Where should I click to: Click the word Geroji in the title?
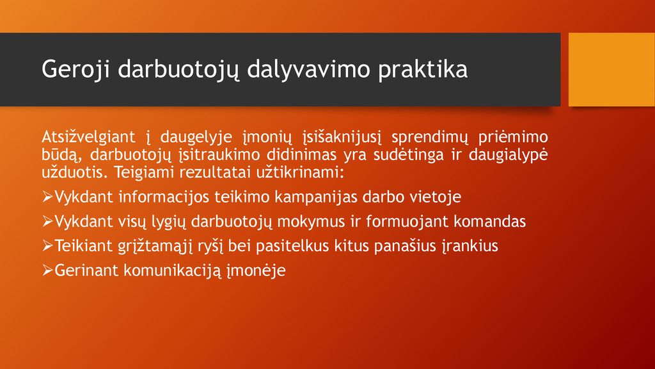point(75,70)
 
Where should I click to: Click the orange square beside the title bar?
point(612,69)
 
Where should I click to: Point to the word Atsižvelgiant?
point(88,137)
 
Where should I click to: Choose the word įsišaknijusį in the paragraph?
point(342,137)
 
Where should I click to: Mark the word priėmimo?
point(513,137)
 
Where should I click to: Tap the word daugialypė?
point(508,155)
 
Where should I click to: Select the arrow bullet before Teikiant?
point(47,246)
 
